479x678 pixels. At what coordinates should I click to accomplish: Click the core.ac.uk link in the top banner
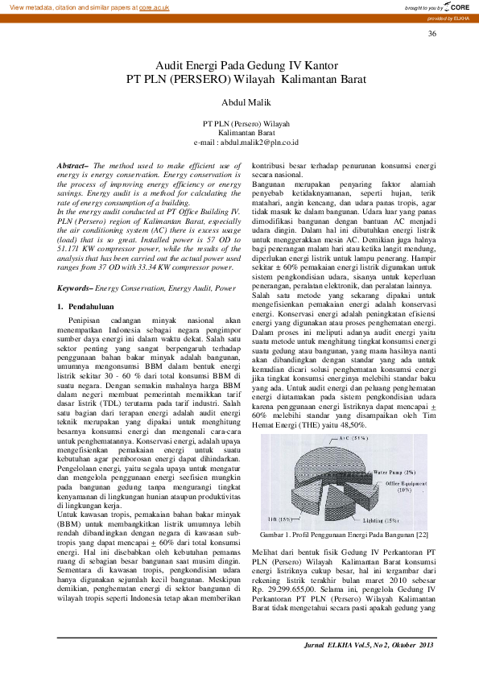point(154,7)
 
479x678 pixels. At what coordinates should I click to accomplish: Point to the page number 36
point(432,33)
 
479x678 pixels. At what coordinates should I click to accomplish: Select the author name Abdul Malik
point(246,102)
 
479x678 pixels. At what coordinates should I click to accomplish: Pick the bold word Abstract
point(72,165)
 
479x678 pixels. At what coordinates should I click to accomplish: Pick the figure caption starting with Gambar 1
point(344,535)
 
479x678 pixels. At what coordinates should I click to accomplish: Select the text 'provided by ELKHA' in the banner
point(450,18)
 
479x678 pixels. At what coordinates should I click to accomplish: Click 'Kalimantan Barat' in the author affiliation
point(246,132)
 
